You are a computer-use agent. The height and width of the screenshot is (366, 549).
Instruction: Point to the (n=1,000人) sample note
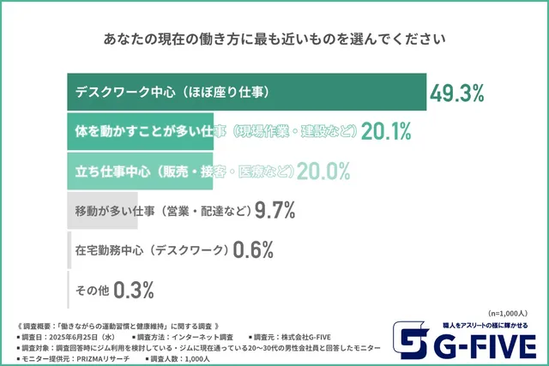point(511,313)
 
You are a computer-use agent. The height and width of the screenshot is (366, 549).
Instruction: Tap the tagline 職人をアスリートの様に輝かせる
point(484,326)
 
